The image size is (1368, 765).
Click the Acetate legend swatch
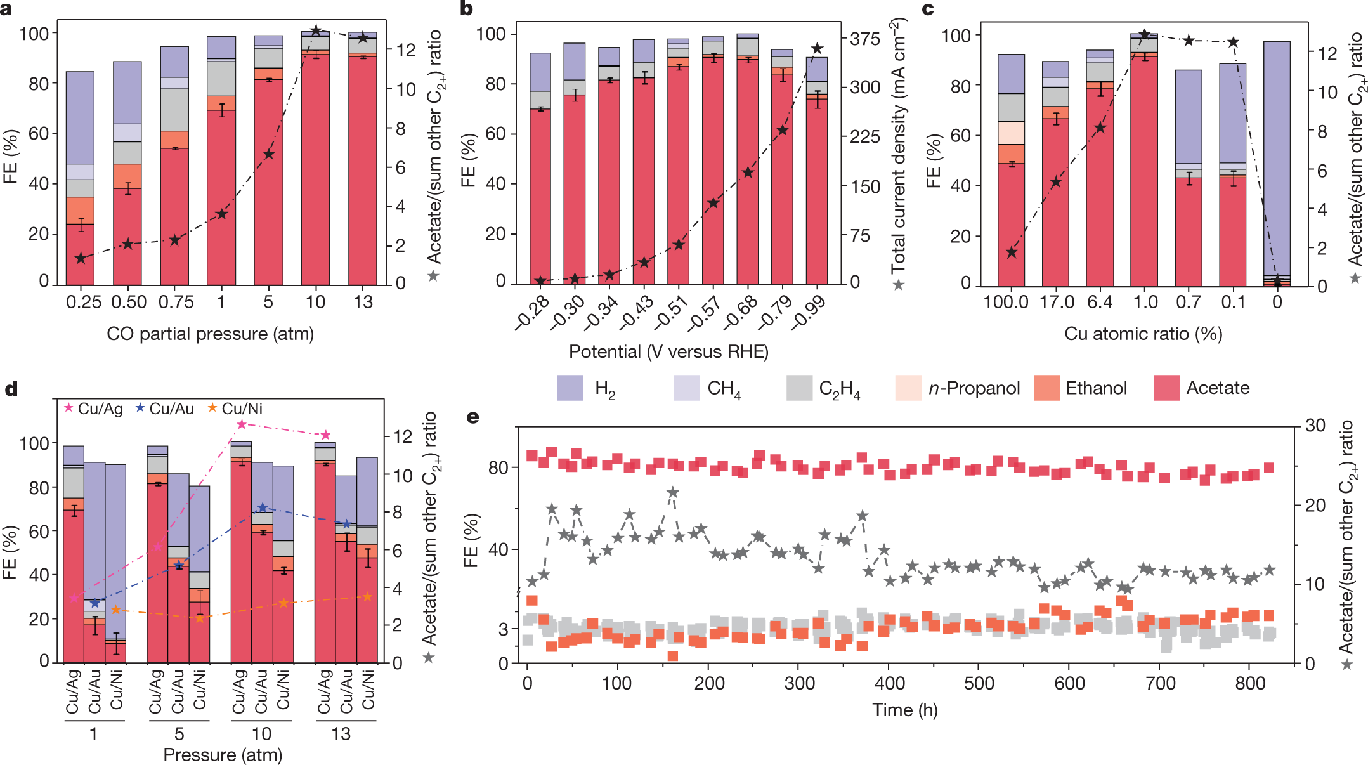coord(1166,388)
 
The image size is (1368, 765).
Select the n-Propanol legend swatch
coord(908,388)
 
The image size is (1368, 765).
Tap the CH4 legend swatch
coord(686,388)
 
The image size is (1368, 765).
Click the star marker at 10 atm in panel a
coord(316,30)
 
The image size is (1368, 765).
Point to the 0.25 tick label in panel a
coord(84,302)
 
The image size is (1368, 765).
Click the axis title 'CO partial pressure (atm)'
coord(210,334)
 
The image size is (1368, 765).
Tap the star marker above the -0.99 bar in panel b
coord(817,49)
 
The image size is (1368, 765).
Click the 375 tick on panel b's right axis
coord(865,39)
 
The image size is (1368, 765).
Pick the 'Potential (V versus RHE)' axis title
coord(668,351)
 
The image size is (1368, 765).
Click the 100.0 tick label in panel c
coord(1006,302)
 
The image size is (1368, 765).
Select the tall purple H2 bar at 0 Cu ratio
coord(1277,159)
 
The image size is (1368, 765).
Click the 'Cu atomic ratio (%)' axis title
coord(1143,334)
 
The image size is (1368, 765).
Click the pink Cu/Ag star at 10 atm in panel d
coord(242,424)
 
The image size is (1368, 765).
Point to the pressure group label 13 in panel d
coord(341,734)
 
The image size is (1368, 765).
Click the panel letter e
coord(472,417)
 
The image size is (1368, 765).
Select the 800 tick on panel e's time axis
coord(1250,683)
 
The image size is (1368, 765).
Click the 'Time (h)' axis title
coord(904,710)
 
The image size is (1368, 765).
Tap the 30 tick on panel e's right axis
coord(1315,425)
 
